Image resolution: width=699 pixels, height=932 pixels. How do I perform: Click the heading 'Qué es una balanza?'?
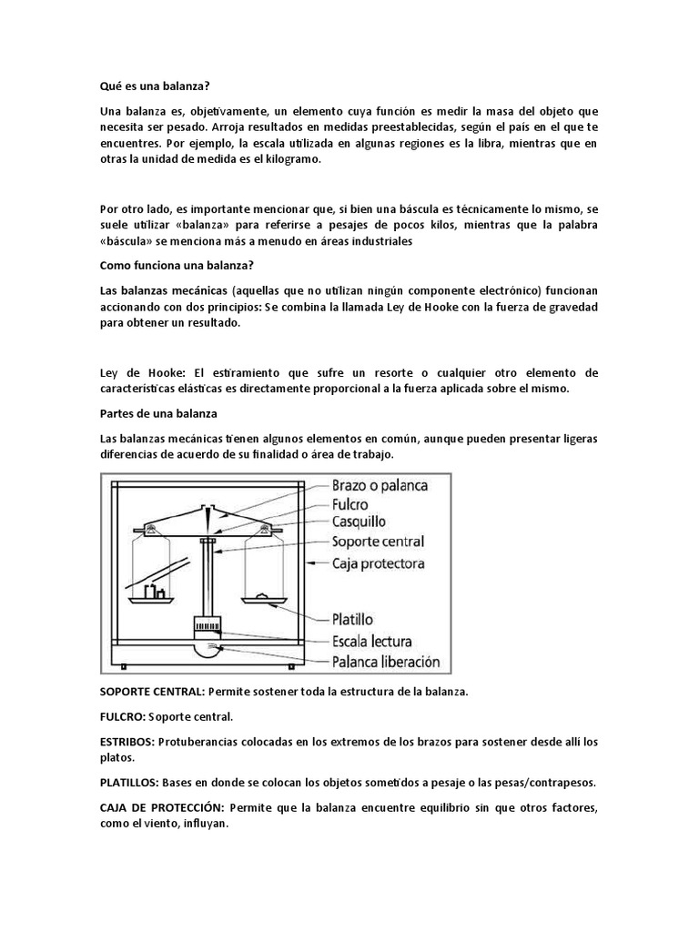pyautogui.click(x=155, y=86)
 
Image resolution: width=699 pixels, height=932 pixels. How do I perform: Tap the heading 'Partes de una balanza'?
pyautogui.click(x=154, y=414)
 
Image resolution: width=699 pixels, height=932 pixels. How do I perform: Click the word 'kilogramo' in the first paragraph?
pyautogui.click(x=291, y=159)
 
